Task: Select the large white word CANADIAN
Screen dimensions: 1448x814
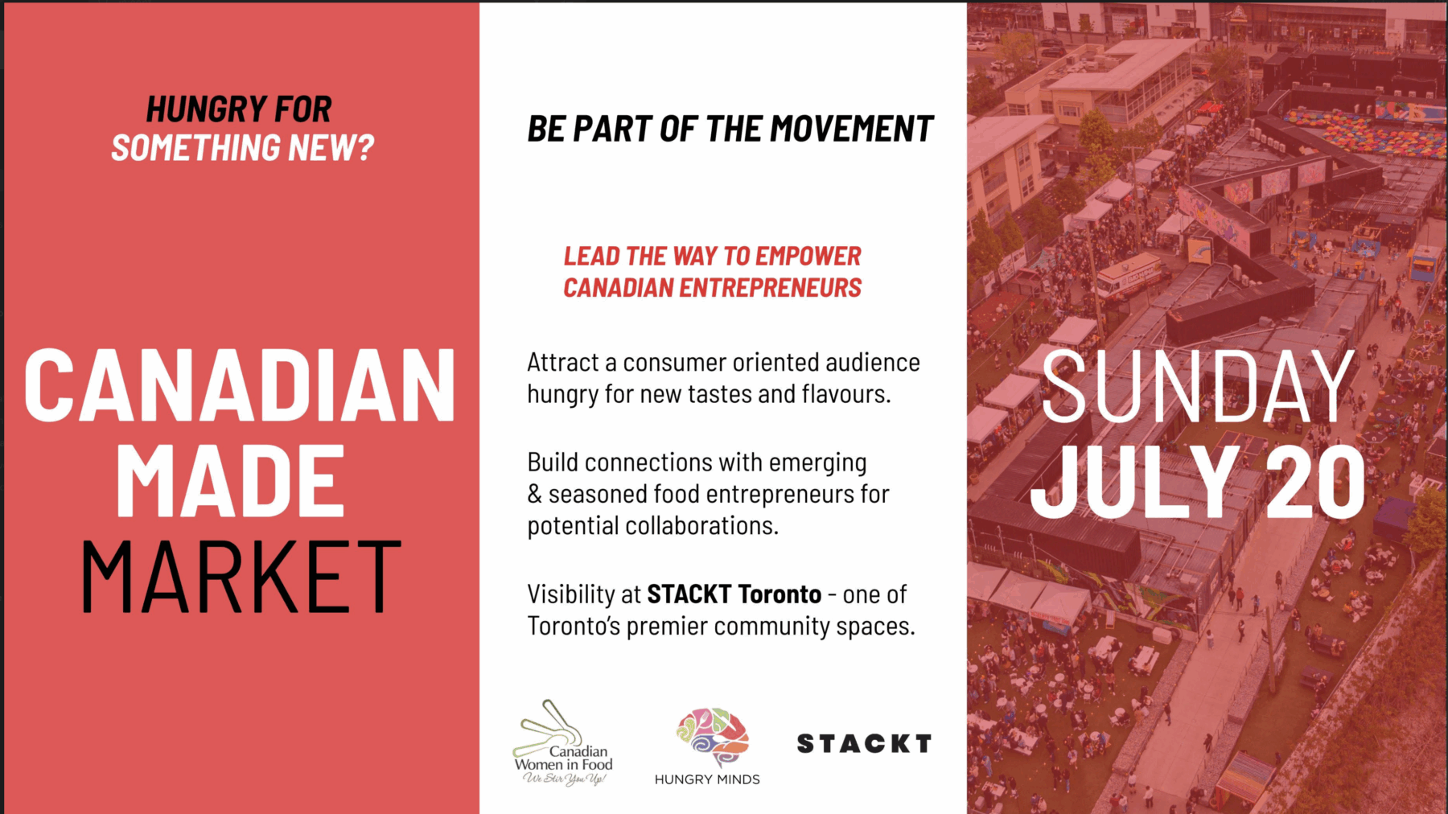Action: pos(240,386)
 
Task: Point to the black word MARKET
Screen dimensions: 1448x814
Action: pos(241,577)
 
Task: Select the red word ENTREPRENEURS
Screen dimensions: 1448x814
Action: pos(770,288)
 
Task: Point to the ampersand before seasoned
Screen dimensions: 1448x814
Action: pos(534,494)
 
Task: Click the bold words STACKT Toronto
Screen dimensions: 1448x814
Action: pos(734,594)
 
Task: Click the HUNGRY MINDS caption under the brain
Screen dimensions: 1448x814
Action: pos(707,779)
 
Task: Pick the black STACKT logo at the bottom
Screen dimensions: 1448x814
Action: pos(864,744)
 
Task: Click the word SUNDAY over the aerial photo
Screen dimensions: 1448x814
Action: pos(1198,387)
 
